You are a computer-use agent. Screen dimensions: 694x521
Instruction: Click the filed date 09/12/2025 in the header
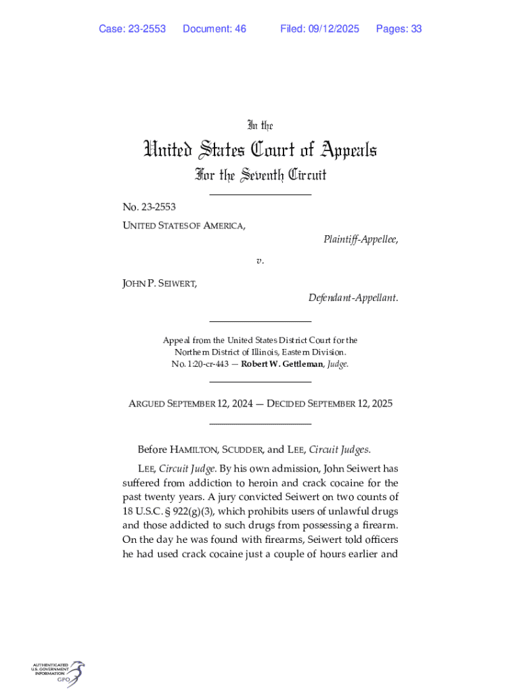coord(336,28)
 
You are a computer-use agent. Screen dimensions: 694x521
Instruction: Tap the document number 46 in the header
coord(240,28)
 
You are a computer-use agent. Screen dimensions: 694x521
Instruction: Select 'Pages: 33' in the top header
coord(399,28)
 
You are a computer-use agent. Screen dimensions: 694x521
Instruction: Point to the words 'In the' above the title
coord(260,125)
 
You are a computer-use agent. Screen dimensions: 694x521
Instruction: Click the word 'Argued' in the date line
coord(150,404)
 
